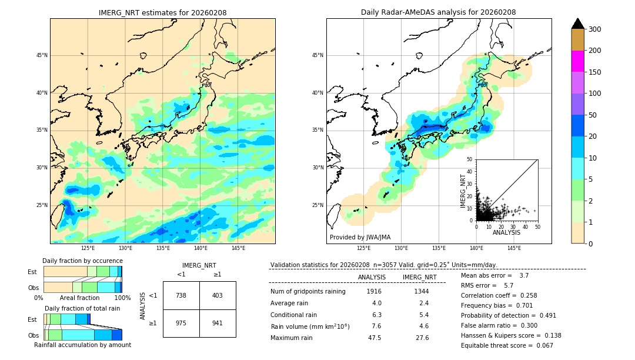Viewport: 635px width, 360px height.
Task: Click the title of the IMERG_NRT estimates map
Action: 162,12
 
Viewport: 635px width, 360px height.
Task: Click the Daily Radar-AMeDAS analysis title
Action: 439,12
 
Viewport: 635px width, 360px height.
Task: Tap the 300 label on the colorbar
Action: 594,29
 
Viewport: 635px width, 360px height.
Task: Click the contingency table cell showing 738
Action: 181,295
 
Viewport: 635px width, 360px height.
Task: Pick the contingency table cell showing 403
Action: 218,295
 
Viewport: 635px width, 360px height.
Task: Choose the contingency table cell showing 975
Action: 181,323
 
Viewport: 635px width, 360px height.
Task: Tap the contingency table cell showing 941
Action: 218,323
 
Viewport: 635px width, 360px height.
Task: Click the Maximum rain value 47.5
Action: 375,338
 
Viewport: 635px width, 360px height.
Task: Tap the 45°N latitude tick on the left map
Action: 42,55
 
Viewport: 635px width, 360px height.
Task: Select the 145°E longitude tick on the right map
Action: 514,248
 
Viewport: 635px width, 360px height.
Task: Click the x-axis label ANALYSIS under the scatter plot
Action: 506,232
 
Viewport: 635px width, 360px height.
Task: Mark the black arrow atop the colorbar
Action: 577,24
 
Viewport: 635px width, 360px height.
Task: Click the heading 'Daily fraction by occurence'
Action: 82,261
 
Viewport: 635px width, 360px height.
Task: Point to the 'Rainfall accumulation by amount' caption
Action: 82,345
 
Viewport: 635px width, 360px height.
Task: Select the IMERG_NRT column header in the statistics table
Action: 419,277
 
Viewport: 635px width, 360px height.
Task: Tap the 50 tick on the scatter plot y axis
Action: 470,159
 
